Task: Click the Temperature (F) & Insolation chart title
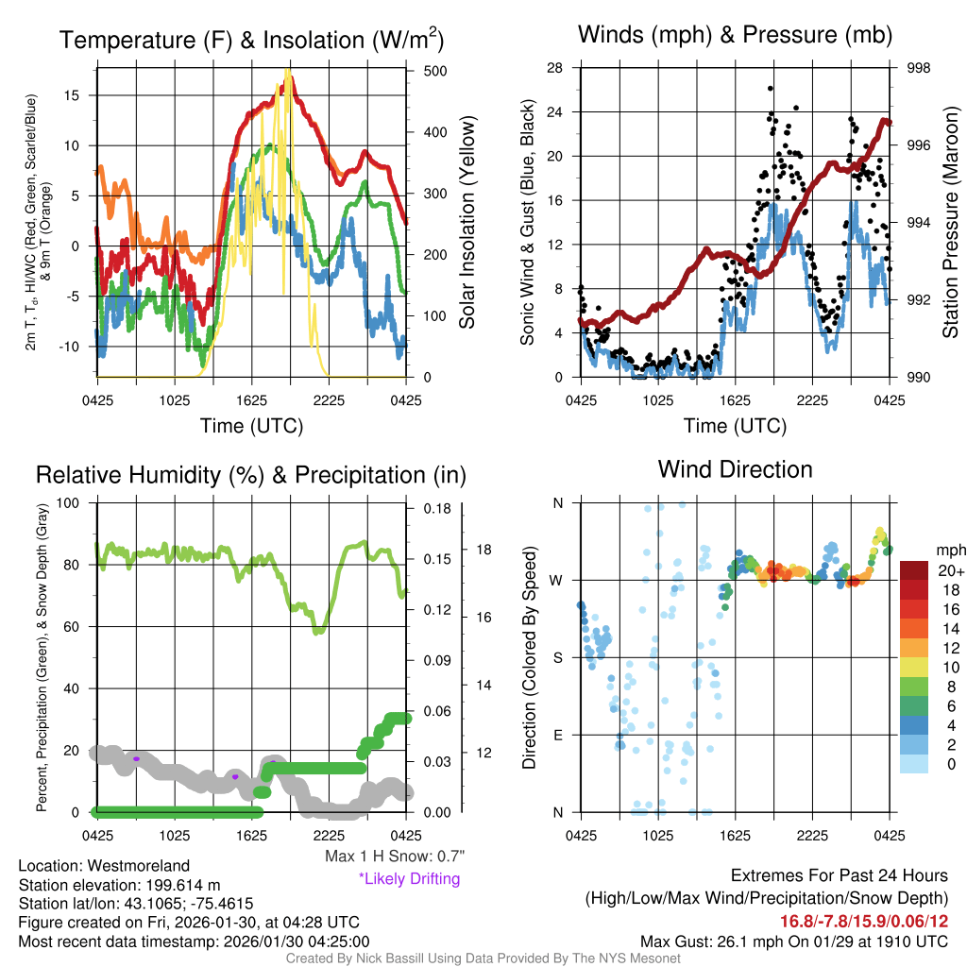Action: [251, 40]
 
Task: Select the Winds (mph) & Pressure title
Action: [735, 35]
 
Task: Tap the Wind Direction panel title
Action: [735, 469]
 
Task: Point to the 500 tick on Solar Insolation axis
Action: [436, 71]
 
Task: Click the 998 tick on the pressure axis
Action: [918, 68]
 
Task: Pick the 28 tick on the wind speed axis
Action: [554, 68]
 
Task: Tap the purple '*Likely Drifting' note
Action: [409, 878]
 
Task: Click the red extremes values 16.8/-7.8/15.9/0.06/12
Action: [863, 921]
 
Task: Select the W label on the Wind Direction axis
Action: [557, 580]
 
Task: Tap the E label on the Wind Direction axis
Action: [557, 735]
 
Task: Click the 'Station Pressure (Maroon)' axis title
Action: [950, 223]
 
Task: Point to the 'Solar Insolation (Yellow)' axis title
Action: [467, 223]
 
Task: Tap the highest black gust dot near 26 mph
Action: [771, 89]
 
